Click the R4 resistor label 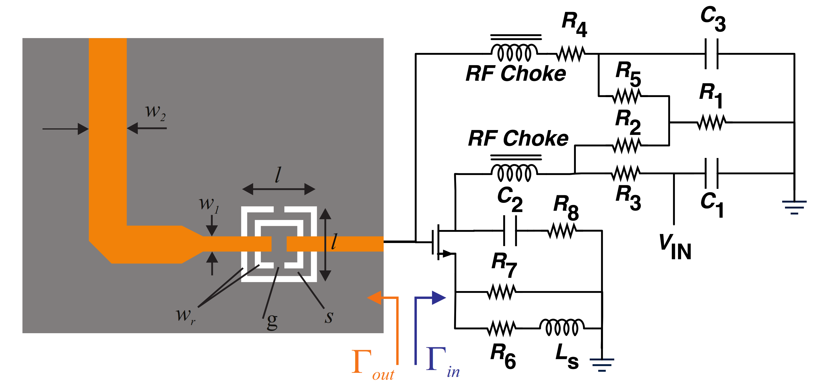574,24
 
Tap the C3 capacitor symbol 711,54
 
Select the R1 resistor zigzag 711,122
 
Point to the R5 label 628,74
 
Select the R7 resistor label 504,264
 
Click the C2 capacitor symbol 510,231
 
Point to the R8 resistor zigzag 562,231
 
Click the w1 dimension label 209,204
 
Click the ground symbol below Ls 601,364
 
